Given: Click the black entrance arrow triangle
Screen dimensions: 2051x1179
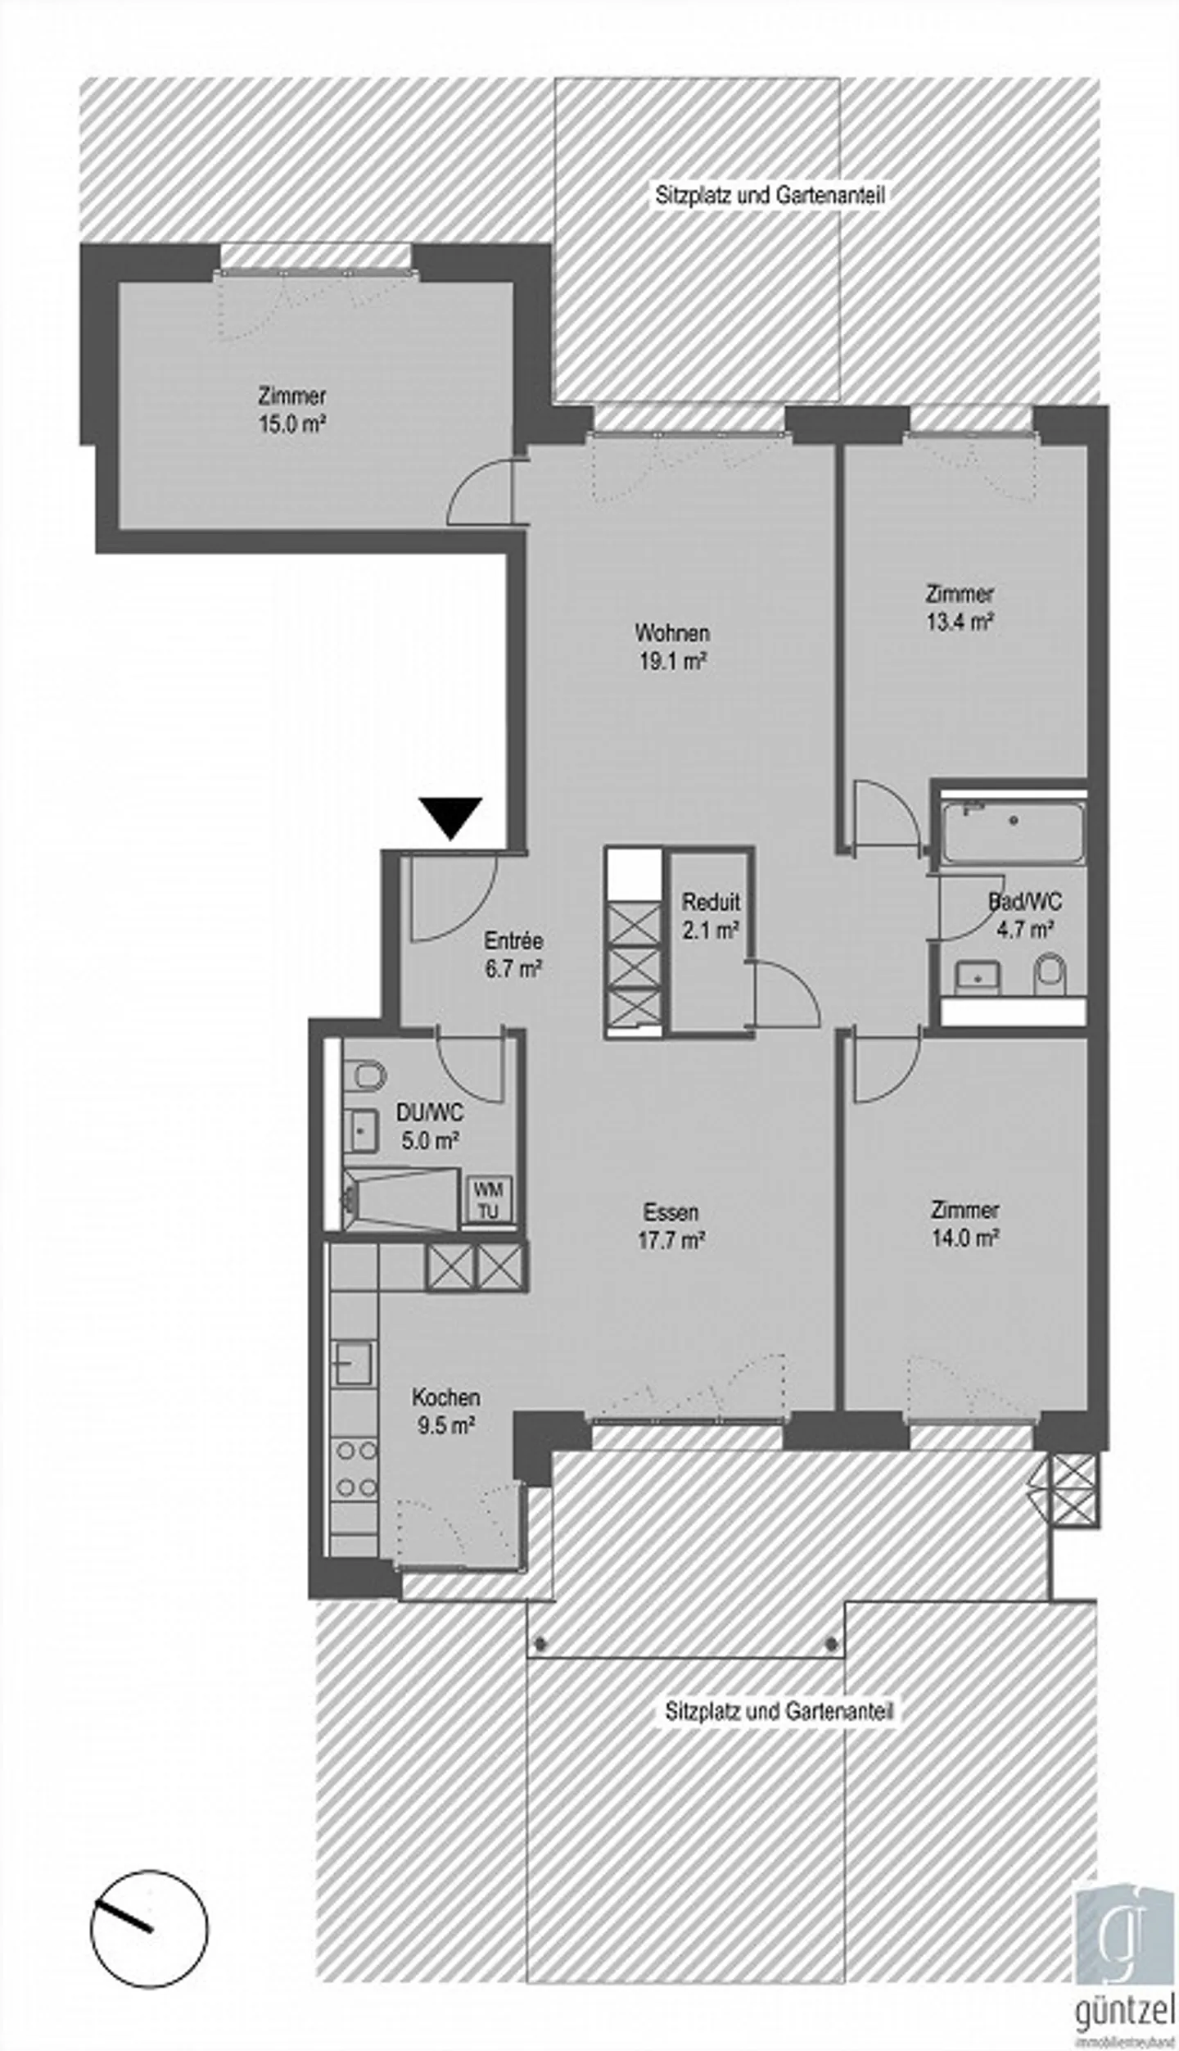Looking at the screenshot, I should (x=450, y=816).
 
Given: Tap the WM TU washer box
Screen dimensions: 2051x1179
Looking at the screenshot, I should (x=488, y=1199).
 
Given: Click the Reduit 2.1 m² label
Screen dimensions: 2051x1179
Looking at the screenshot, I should (x=711, y=915).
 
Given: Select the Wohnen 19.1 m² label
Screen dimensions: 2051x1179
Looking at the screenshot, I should (x=672, y=646).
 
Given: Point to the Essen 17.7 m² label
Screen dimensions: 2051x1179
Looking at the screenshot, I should (x=671, y=1225).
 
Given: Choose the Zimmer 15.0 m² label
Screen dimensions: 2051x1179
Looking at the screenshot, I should (x=291, y=410).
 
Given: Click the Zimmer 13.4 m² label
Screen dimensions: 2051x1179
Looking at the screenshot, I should (x=960, y=607).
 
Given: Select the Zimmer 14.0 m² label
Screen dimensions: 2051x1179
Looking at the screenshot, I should (x=964, y=1224).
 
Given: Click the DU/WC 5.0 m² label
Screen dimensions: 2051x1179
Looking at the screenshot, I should (x=429, y=1125).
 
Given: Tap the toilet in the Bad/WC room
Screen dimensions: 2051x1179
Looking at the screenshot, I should (x=1049, y=976).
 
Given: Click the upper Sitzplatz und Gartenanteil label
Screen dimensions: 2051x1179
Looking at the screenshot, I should (x=770, y=197).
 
